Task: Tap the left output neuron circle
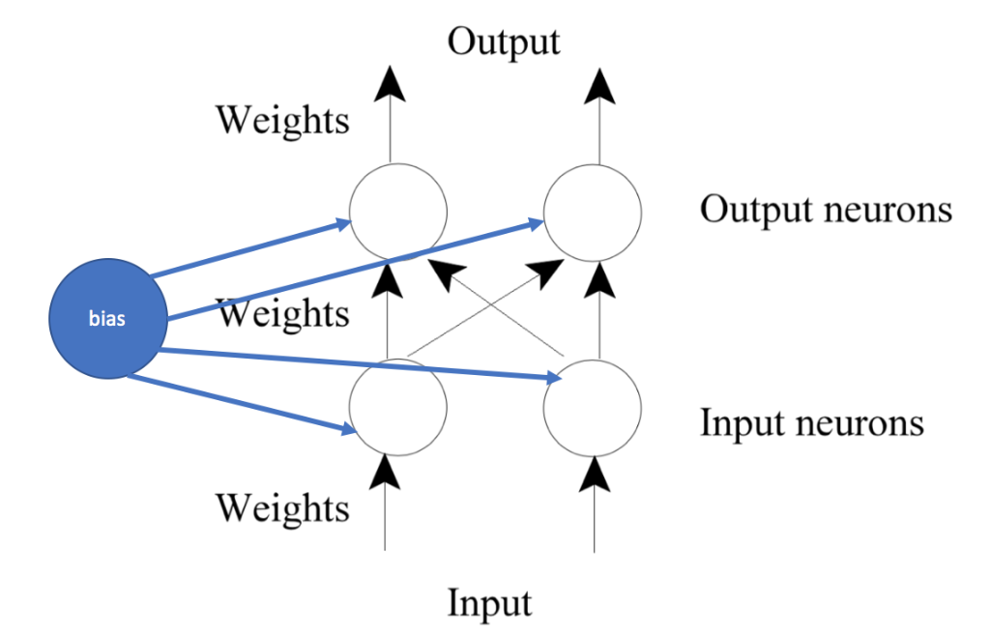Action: pos(397,212)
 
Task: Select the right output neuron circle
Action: pos(593,212)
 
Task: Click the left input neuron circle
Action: pos(397,407)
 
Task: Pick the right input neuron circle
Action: pos(593,407)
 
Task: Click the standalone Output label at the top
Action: pos(503,42)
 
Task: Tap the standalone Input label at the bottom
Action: pos(489,602)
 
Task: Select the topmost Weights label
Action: pos(281,121)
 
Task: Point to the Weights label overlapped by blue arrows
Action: pos(281,314)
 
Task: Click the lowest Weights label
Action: pos(281,507)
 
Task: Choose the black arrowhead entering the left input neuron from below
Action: pos(387,470)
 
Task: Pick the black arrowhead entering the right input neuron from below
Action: pos(594,470)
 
